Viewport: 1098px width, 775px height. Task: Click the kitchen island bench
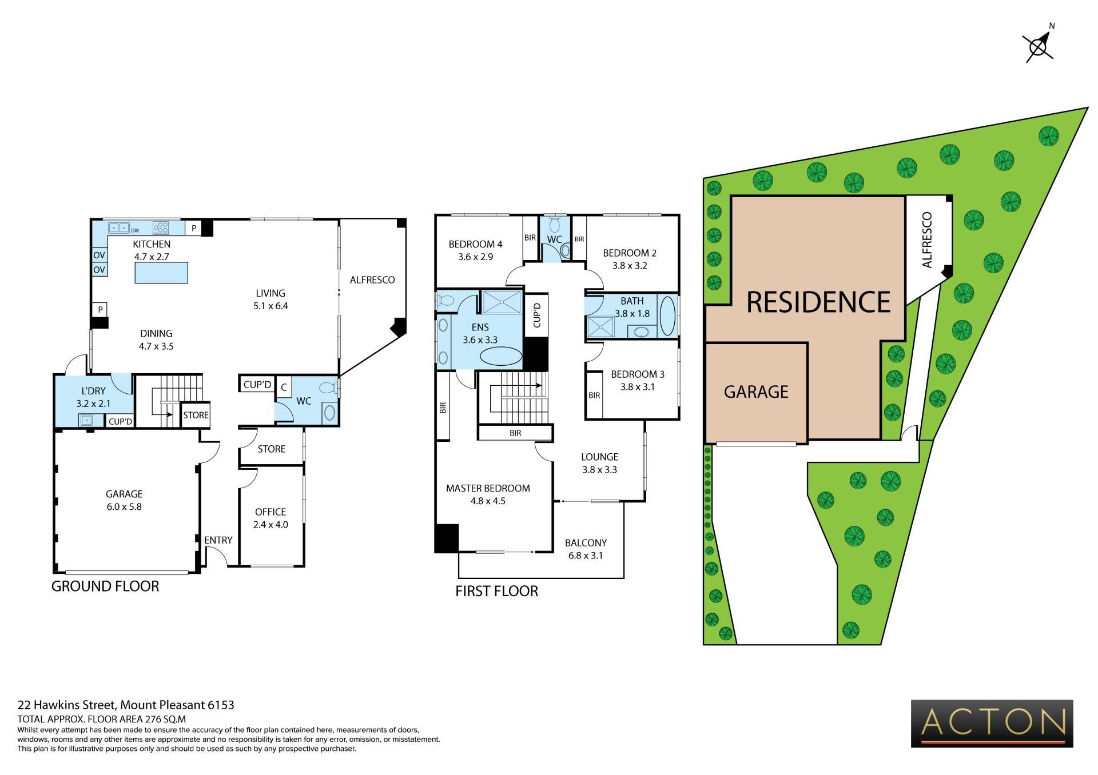tap(161, 272)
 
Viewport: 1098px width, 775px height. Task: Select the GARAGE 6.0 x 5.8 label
tap(124, 500)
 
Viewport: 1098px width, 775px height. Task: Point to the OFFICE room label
tap(270, 512)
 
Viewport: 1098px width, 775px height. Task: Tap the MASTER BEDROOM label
tap(488, 488)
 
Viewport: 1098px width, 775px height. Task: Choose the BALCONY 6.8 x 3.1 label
tap(586, 549)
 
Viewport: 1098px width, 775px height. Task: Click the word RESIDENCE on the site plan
tap(819, 302)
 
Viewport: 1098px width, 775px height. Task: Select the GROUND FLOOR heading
tap(105, 586)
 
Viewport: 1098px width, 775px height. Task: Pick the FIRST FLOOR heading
tap(497, 591)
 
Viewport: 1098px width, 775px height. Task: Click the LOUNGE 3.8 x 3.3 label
tap(600, 463)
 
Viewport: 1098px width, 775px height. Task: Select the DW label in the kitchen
tap(136, 231)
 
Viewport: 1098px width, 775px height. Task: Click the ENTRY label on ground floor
tap(218, 540)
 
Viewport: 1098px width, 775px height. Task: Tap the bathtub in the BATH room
tap(667, 315)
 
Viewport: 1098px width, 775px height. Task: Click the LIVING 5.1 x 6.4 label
tap(270, 299)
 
